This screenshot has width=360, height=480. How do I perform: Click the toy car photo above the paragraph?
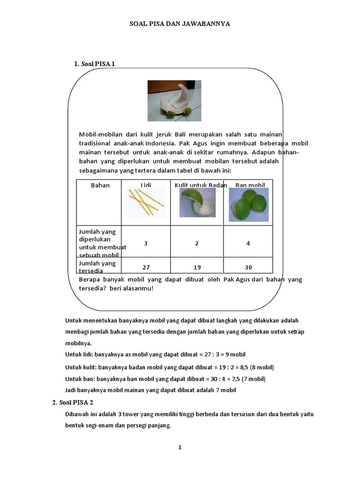click(x=174, y=101)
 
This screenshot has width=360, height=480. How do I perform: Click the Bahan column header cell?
click(x=100, y=185)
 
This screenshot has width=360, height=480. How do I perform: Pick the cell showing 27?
click(x=146, y=267)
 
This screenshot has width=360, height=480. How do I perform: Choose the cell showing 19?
click(x=197, y=267)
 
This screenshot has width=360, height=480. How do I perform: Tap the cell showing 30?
click(x=248, y=267)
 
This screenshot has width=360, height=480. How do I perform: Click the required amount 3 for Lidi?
click(x=146, y=243)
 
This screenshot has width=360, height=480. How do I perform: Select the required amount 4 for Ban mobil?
click(x=248, y=243)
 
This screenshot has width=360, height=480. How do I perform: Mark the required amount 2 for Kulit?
click(x=197, y=243)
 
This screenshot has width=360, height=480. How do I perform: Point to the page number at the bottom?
click(x=180, y=448)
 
